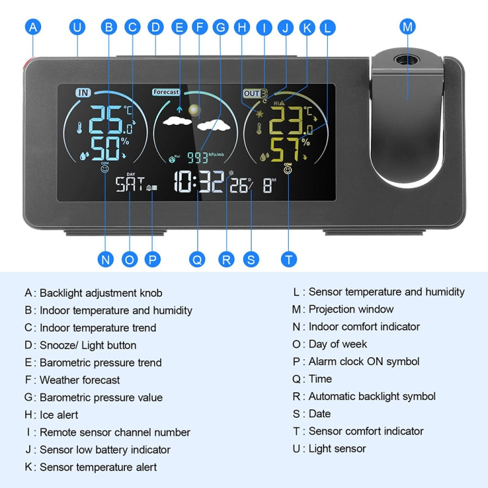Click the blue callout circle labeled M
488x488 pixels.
(408, 27)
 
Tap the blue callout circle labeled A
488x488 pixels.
(33, 27)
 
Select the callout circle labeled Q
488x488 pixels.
(197, 259)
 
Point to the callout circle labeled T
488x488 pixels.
(289, 259)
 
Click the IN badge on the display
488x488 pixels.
(83, 92)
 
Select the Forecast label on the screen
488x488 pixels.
(166, 92)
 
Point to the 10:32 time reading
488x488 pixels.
(198, 182)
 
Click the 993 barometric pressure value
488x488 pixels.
(197, 157)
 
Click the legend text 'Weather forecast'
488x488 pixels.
(79, 380)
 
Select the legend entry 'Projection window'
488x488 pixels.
(351, 309)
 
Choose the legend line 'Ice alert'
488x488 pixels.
(59, 414)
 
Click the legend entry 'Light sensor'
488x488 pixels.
(336, 448)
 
